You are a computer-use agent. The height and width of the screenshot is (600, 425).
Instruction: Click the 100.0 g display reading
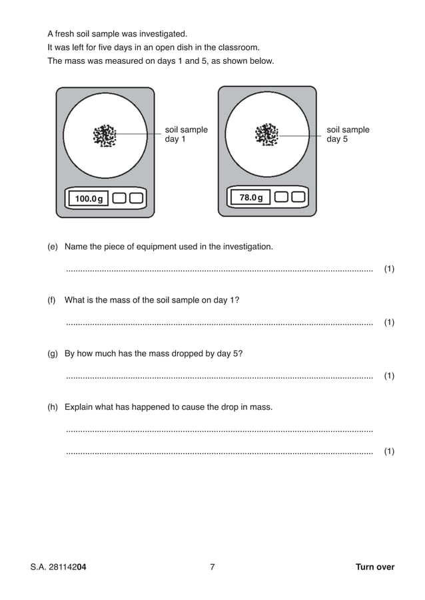coord(89,198)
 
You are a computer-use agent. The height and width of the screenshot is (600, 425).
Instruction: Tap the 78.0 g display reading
coord(250,198)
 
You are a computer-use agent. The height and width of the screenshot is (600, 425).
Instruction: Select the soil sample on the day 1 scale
coord(105,135)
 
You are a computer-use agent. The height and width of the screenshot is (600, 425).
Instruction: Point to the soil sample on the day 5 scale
coord(267,134)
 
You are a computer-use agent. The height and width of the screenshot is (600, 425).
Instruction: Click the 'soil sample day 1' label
coord(186,134)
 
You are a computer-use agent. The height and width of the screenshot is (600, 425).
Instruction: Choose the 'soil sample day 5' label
coord(348,134)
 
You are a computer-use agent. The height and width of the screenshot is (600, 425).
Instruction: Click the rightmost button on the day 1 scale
coord(136,198)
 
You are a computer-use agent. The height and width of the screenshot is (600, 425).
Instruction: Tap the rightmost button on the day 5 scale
coord(298,198)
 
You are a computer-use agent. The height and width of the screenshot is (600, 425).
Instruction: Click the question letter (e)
coord(53,247)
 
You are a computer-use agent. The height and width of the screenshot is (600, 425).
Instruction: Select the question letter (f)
coord(52,300)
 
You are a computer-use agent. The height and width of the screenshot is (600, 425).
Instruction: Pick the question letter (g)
coord(53,353)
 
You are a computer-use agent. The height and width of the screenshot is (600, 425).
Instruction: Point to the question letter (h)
coord(53,406)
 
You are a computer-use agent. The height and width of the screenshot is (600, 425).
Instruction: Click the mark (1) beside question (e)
coord(389,269)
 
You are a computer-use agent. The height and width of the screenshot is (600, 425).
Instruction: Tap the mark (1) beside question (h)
coord(389,452)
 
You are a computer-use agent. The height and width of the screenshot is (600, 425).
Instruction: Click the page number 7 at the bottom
coord(212,567)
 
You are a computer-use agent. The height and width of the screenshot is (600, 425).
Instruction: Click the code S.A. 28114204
coord(59,567)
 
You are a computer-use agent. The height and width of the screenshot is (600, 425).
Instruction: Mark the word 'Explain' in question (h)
coord(80,406)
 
